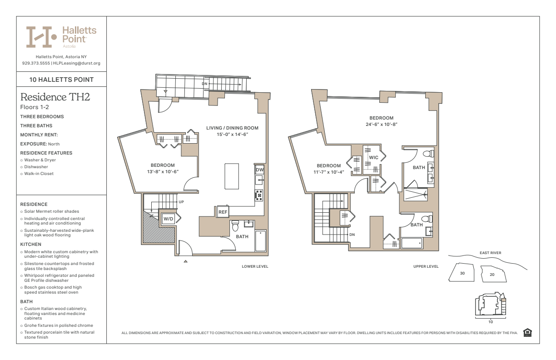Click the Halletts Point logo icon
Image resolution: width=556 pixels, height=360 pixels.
41,37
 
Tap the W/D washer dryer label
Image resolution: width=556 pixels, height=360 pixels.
168,219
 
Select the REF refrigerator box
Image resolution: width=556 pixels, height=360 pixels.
223,212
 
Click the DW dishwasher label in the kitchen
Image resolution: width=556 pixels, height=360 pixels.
260,170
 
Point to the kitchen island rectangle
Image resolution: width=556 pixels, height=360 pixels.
232,176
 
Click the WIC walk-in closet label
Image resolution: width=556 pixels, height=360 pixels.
373,158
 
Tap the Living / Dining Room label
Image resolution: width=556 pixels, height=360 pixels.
232,128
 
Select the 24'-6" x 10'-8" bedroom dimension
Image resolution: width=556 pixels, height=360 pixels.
382,124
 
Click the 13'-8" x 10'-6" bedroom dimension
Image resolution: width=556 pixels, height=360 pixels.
163,172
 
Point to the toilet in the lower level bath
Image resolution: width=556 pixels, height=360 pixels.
235,225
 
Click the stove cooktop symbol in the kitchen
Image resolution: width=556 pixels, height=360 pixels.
259,195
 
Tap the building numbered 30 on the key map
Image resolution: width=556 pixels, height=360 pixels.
462,272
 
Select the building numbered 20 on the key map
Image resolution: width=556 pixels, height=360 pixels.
493,274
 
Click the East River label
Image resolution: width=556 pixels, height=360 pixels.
491,253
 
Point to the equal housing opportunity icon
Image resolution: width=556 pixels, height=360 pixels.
527,333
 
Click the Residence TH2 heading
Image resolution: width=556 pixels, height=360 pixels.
55,97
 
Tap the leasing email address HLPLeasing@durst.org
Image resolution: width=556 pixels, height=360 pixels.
77,63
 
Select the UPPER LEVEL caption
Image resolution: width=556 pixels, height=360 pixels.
426,266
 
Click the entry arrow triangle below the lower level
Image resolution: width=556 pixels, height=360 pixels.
185,261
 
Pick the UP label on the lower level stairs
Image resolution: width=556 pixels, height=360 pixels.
181,202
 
